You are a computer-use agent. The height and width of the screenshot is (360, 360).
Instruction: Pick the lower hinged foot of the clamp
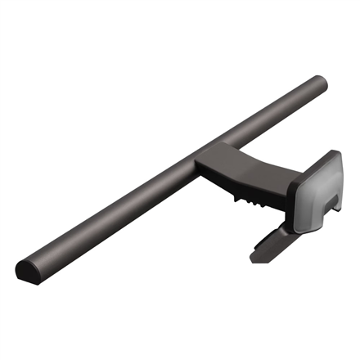tap(273, 242)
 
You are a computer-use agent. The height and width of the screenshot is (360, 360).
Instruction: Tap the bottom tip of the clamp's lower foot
tap(256, 259)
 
